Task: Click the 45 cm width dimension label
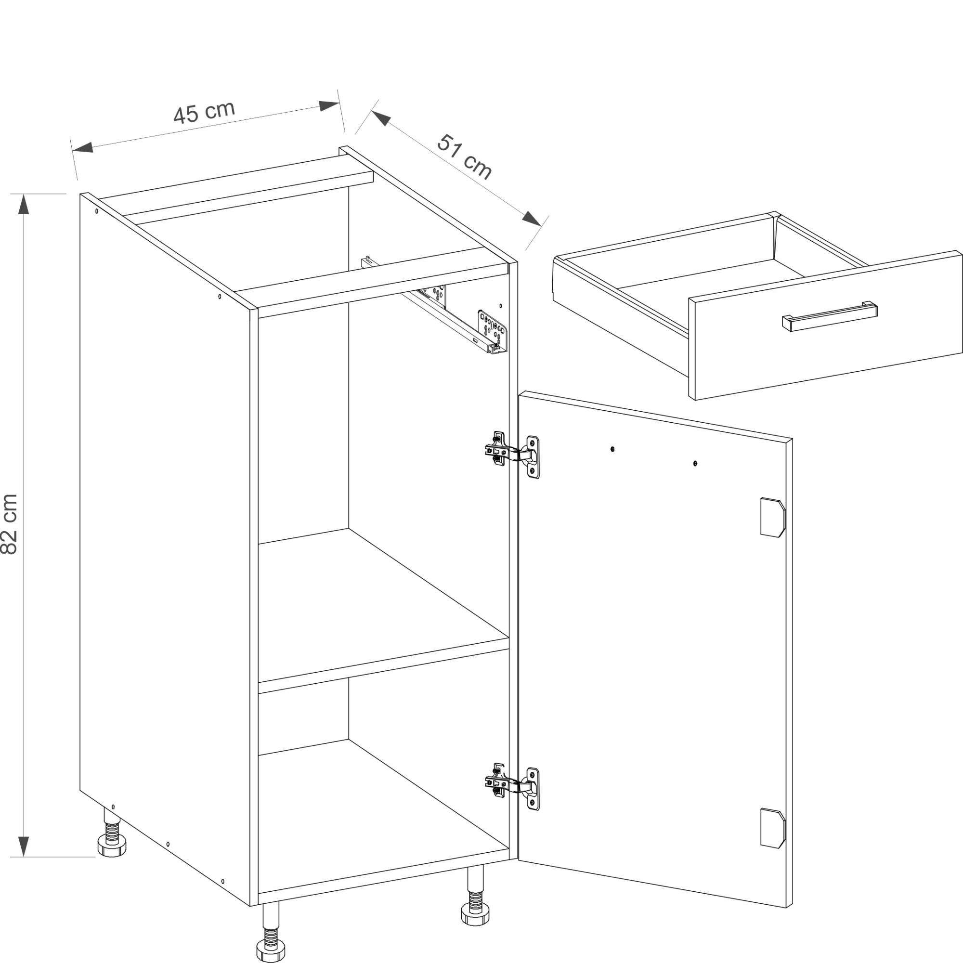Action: click(x=204, y=112)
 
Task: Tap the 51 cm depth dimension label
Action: click(x=465, y=156)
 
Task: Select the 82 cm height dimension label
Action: click(x=10, y=524)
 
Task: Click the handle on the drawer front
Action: click(x=830, y=315)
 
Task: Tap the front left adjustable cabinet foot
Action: click(x=270, y=932)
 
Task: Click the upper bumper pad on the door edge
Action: click(x=773, y=517)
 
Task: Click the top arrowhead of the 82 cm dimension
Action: click(x=24, y=204)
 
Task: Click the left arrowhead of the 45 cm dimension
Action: click(x=83, y=146)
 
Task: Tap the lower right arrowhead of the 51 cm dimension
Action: click(x=532, y=218)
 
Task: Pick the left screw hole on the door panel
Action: click(x=612, y=449)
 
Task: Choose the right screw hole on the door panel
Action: click(x=695, y=464)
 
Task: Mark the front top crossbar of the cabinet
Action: click(x=383, y=291)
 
